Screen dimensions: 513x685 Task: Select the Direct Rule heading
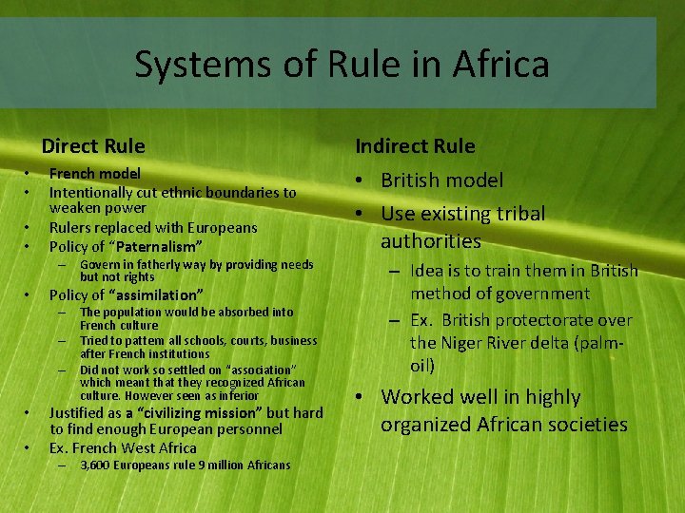93,146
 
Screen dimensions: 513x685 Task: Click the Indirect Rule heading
415,146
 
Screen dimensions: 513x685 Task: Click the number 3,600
97,465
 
